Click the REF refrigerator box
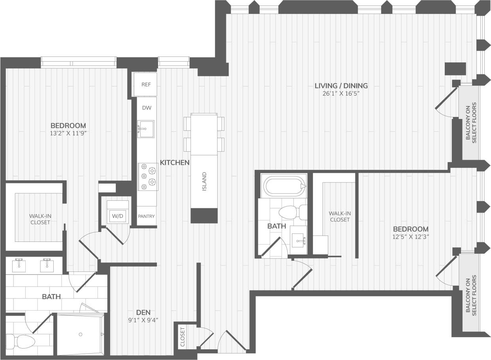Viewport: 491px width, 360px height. click(144, 85)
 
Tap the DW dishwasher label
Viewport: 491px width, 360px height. click(147, 107)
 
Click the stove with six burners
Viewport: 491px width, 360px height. click(147, 176)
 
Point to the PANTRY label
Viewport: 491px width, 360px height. click(147, 217)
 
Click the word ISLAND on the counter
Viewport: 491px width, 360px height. click(204, 181)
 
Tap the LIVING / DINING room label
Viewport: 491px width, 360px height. click(341, 85)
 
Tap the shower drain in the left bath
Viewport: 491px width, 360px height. click(81, 334)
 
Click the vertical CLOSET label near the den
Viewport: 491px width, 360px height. click(182, 337)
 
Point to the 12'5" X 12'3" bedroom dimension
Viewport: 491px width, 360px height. click(410, 237)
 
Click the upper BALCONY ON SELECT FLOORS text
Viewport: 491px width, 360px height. click(471, 122)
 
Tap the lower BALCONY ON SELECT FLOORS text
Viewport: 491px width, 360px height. click(471, 295)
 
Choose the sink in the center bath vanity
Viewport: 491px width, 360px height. click(299, 239)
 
